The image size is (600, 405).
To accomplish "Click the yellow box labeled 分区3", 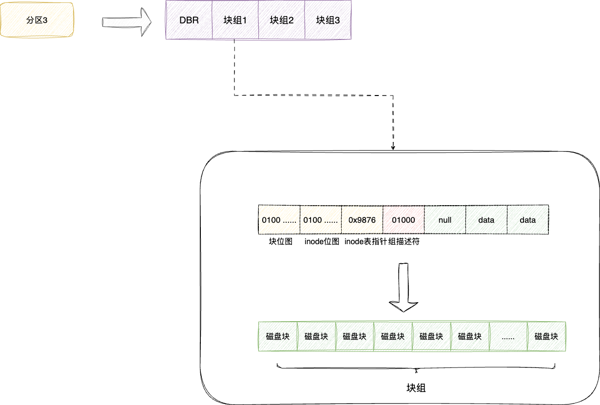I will coord(37,20).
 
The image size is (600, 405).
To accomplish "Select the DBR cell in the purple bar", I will coord(189,20).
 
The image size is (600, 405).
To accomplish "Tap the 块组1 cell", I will coord(235,20).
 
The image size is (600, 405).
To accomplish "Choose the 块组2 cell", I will coord(281,20).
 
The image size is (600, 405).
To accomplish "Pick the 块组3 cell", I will coord(328,20).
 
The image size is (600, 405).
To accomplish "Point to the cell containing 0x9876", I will coord(362,220).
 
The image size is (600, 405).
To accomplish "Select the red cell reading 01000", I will coord(403,220).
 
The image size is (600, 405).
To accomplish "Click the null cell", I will coord(445,220).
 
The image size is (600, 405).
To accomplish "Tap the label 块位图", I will coord(280,242).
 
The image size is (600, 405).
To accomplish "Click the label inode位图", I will coord(322,242).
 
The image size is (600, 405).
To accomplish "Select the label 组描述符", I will coord(403,242).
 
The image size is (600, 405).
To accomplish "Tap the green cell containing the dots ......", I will coord(508,336).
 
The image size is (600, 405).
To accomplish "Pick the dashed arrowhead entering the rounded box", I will coord(393,147).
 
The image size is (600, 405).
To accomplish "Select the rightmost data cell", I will coord(527,220).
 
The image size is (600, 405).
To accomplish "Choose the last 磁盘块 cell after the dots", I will coord(546,336).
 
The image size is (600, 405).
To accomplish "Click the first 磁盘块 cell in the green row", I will coord(278,336).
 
